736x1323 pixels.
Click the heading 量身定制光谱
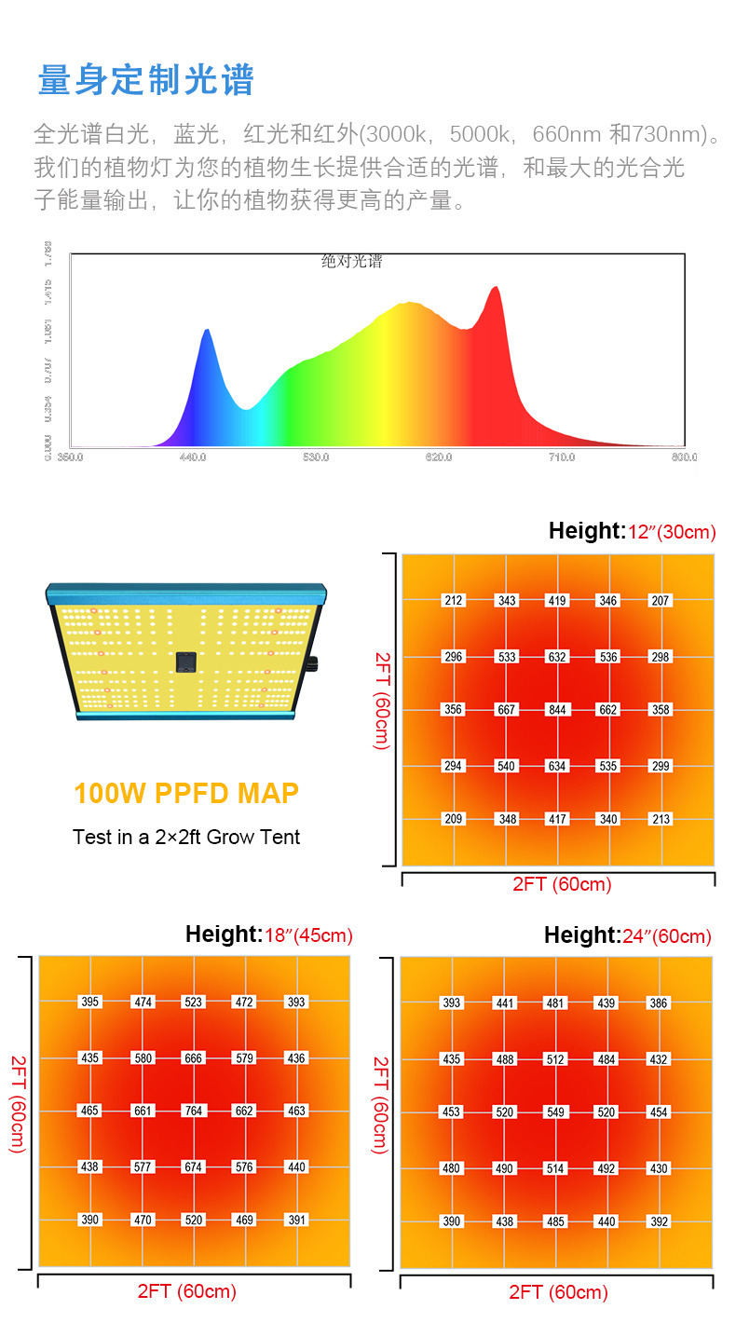coord(145,80)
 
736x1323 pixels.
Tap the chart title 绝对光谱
coord(352,262)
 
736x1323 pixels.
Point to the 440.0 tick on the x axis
coord(193,457)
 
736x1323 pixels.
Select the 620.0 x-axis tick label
coord(439,457)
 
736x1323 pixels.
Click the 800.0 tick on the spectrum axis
coord(684,457)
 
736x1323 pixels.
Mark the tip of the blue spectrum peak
coord(207,330)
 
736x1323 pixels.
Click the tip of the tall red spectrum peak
coord(495,287)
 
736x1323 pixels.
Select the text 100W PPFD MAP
coord(186,794)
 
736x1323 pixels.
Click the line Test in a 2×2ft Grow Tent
coord(186,837)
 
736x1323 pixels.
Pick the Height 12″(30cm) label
coord(632,532)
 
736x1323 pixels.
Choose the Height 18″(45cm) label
coord(268,934)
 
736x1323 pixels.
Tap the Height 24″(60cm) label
coord(627,935)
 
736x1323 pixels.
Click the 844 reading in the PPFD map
coord(557,710)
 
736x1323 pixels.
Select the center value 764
coord(193,1111)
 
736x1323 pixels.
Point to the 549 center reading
coord(555,1112)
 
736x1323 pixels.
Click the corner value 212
coord(454,601)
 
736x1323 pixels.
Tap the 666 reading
coord(193,1058)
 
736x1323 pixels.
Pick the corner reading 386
coord(659,1003)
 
